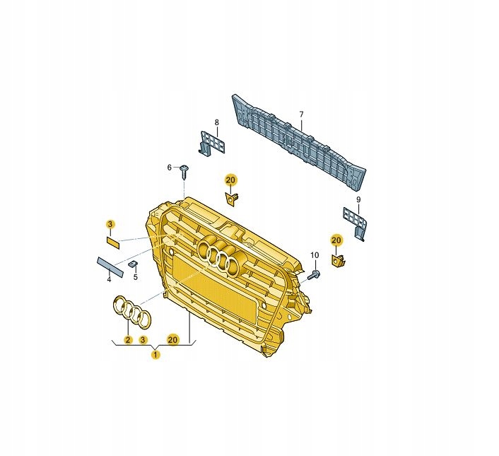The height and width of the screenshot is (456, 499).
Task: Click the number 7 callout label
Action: point(301,114)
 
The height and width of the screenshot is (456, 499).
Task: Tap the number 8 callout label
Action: point(217,122)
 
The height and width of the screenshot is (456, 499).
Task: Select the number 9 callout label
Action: point(358,199)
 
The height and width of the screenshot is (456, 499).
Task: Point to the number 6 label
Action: point(170,168)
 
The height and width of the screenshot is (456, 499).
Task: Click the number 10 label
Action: point(315,255)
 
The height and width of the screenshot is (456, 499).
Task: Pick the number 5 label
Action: point(136,277)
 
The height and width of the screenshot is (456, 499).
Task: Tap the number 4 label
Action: point(109,280)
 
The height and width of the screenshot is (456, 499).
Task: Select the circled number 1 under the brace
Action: point(155,354)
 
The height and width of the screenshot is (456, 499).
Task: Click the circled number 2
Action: point(128,340)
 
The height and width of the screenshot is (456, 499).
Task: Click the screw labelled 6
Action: point(184,172)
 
